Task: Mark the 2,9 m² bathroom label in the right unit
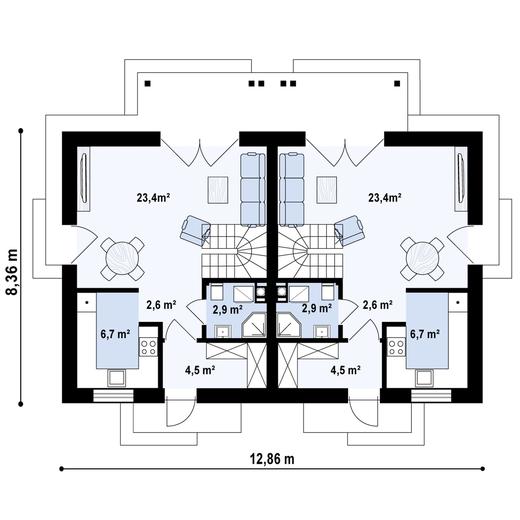click(x=316, y=310)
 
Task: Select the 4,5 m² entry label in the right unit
click(x=346, y=369)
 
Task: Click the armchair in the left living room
click(x=194, y=232)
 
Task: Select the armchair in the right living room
click(x=346, y=232)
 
